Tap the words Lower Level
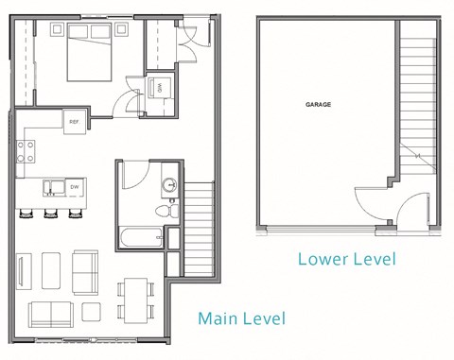click(x=346, y=258)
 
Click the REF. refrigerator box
click(x=75, y=120)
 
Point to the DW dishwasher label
click(x=75, y=187)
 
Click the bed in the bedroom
click(x=90, y=54)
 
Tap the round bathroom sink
click(x=170, y=185)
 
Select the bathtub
click(x=142, y=233)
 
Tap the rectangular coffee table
click(x=54, y=270)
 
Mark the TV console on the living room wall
click(x=24, y=271)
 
